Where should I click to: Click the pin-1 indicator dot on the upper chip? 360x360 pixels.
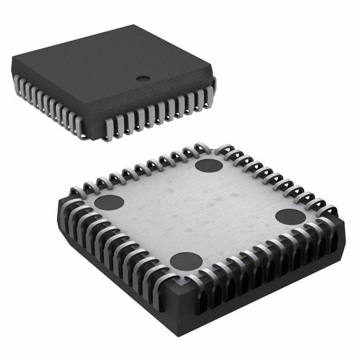tap(142, 78)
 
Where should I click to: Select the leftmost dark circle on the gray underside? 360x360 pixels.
tap(109, 202)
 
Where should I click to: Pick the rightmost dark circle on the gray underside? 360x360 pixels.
tap(290, 217)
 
